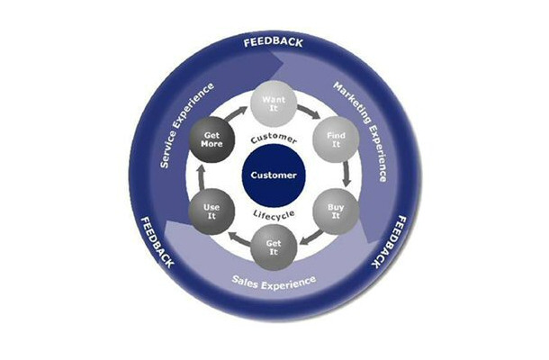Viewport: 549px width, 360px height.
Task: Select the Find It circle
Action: click(x=330, y=139)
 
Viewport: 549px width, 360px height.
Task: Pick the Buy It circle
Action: click(x=330, y=212)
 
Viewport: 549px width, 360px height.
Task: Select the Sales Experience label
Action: click(x=274, y=281)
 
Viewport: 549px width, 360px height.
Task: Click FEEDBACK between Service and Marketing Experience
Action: click(x=274, y=42)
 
